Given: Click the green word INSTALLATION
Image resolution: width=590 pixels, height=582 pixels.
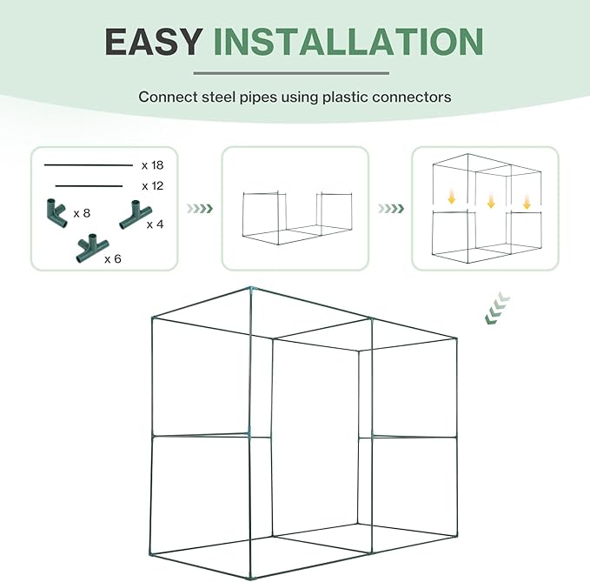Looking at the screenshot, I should click(348, 42).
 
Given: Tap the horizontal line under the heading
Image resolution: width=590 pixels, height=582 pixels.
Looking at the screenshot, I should click(295, 73).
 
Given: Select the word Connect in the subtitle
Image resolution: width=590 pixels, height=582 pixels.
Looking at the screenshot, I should click(167, 97).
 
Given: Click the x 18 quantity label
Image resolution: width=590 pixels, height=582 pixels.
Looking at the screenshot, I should click(152, 164).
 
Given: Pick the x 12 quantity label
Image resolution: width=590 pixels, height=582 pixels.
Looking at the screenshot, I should click(152, 186).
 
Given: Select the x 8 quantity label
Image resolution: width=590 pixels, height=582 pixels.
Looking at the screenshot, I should click(83, 213).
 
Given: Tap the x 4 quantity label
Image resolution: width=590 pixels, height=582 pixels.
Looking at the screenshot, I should click(155, 224).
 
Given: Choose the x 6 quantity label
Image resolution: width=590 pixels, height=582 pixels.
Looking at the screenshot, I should click(113, 258).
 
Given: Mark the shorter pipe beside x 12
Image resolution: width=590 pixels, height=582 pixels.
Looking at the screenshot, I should click(89, 185).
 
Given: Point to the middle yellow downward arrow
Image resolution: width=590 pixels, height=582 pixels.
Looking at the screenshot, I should click(491, 202).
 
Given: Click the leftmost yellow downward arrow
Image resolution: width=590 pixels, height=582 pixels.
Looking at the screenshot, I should click(451, 199).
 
